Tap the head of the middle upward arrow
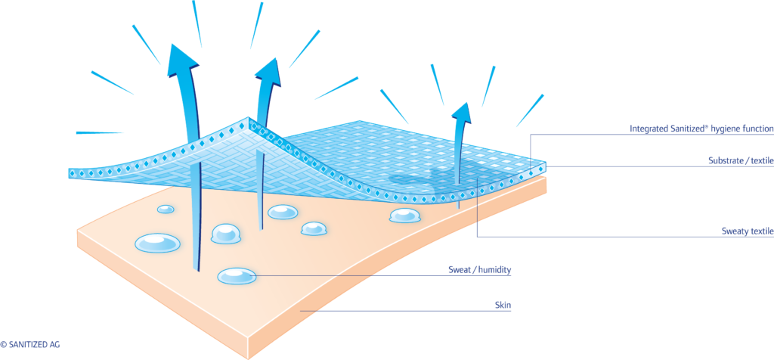268,70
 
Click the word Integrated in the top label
649,129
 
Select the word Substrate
726,161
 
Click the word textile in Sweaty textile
761,231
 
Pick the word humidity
500,269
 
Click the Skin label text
503,306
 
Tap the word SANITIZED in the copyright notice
29,345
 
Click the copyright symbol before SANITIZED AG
4,345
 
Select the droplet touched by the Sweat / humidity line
237,277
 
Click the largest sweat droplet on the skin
158,243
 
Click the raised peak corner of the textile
249,121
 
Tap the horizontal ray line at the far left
98,133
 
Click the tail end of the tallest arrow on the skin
197,266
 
